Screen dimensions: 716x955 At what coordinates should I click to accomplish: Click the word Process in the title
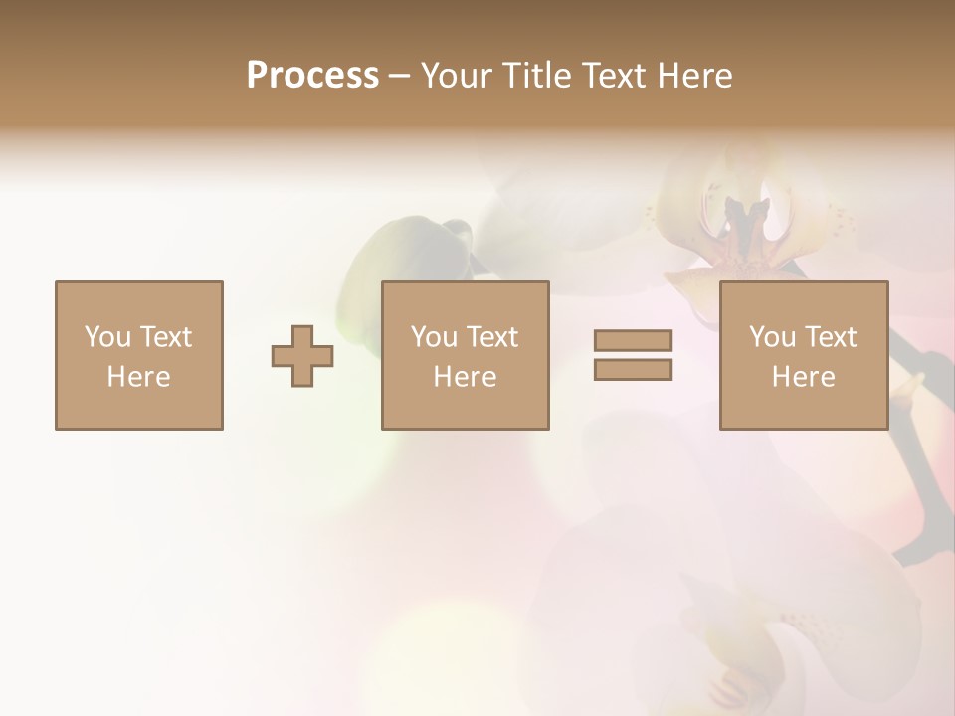click(312, 76)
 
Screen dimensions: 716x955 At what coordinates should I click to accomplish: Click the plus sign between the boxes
click(302, 356)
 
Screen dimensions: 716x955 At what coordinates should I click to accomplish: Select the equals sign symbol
click(633, 355)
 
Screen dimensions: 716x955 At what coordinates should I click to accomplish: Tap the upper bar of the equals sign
click(633, 341)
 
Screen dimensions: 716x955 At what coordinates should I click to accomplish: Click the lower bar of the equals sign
click(633, 369)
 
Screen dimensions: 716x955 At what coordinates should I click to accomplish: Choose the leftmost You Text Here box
click(138, 355)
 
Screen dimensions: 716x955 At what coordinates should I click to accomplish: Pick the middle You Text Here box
click(465, 355)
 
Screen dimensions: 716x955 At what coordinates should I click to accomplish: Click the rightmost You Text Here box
click(803, 355)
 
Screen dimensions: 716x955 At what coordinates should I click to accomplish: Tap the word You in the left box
click(107, 337)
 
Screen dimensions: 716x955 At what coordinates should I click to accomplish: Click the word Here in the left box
click(138, 377)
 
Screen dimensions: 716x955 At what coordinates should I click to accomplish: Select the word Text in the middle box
click(490, 337)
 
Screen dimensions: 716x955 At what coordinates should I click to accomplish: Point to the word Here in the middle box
click(465, 377)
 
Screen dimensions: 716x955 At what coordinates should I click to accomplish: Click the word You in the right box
click(772, 337)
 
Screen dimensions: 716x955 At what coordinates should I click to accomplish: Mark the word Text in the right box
click(829, 337)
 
